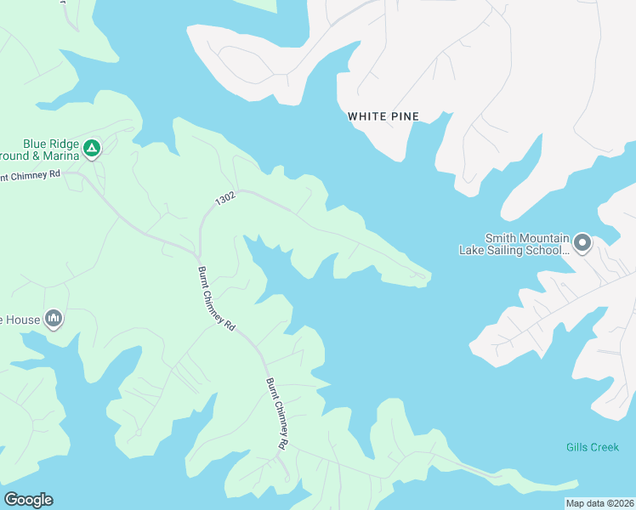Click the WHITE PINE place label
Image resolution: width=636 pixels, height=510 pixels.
click(x=383, y=116)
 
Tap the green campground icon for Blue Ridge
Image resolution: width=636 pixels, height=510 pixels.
click(x=92, y=150)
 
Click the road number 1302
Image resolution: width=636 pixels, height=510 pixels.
click(x=225, y=199)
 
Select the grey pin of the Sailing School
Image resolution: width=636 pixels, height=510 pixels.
click(x=582, y=244)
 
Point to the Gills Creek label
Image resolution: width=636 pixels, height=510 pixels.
click(x=593, y=447)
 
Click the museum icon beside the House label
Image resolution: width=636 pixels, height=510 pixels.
click(x=54, y=319)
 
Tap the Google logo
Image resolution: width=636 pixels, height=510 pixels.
click(x=28, y=500)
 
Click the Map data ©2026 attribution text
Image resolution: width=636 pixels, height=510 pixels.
click(x=599, y=503)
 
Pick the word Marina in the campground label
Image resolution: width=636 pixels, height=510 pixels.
click(x=60, y=156)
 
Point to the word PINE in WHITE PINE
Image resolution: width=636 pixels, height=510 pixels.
click(x=404, y=116)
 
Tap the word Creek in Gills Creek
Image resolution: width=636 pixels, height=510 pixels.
click(x=604, y=447)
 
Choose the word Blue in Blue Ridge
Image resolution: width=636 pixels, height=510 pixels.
click(x=36, y=144)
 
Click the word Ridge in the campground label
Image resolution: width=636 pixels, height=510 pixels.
click(x=65, y=144)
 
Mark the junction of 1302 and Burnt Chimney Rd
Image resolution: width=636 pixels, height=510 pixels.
click(x=197, y=254)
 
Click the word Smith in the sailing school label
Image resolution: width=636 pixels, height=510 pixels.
click(x=500, y=239)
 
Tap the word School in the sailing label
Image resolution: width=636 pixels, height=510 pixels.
click(x=548, y=250)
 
